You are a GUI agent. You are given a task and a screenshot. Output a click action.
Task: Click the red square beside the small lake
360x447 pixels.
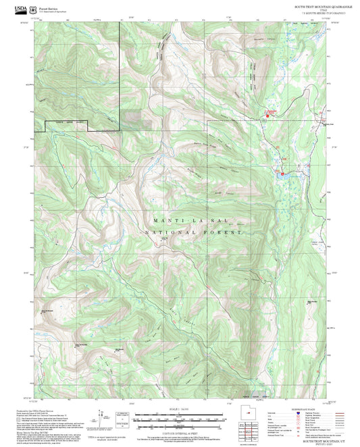click(277, 173)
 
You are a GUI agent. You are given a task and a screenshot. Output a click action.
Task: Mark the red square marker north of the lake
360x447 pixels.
click(267, 115)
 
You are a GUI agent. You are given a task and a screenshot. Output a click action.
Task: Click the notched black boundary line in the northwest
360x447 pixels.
click(81, 121)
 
